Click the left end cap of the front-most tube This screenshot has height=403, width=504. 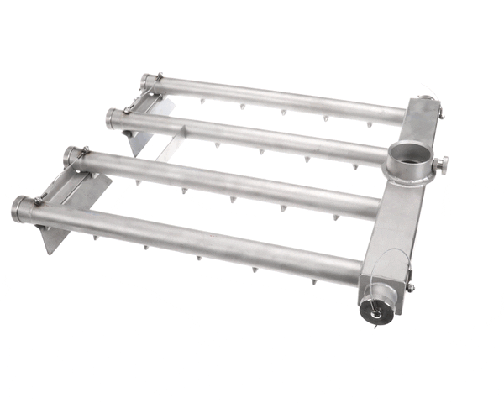(x=20, y=207)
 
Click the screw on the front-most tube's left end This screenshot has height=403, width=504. (x=39, y=199)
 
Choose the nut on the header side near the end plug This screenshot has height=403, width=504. (x=411, y=287)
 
